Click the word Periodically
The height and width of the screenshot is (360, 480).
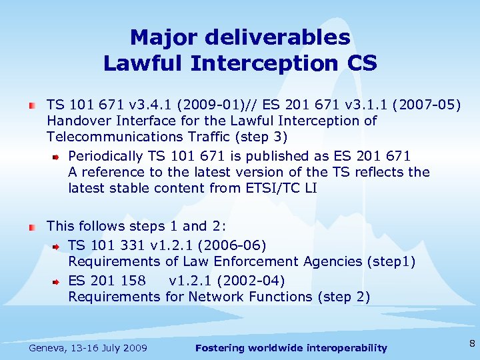click(x=105, y=155)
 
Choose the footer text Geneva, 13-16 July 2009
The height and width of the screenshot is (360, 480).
click(x=88, y=348)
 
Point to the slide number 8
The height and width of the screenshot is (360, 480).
click(x=471, y=344)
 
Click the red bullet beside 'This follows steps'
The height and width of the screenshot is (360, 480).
click(x=31, y=227)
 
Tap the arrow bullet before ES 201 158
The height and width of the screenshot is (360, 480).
click(x=57, y=281)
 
